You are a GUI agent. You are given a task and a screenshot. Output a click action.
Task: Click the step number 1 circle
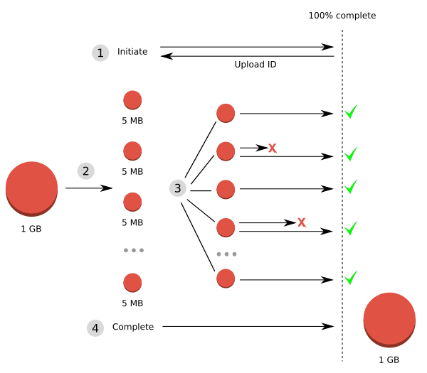tap(100, 53)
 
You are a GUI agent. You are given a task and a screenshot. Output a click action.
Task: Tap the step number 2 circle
tap(85, 171)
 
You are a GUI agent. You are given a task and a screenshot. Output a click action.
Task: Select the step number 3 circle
tap(178, 188)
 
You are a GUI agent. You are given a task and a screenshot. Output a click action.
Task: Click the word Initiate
tap(132, 52)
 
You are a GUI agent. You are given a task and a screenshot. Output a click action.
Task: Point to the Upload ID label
tap(255, 65)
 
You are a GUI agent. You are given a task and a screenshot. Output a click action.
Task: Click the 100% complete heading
tap(342, 16)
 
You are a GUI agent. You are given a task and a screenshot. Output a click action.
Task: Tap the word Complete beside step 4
tap(133, 327)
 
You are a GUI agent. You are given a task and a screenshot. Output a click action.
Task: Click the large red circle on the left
tap(31, 188)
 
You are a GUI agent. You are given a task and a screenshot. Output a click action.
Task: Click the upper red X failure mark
tap(272, 148)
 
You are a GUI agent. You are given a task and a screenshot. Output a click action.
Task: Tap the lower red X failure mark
tap(302, 222)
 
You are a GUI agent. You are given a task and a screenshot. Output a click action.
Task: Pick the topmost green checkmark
tap(350, 112)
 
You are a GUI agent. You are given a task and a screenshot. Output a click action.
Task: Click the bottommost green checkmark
tap(350, 277)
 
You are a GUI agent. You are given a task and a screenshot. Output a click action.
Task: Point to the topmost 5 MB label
tap(132, 121)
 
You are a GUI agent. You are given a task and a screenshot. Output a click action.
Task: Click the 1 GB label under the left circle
tap(31, 229)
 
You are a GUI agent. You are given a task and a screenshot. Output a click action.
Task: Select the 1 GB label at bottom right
tap(389, 360)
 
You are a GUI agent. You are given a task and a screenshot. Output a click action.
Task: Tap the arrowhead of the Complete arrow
tap(328, 326)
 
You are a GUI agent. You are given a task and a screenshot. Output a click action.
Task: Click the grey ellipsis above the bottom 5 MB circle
tap(133, 250)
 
